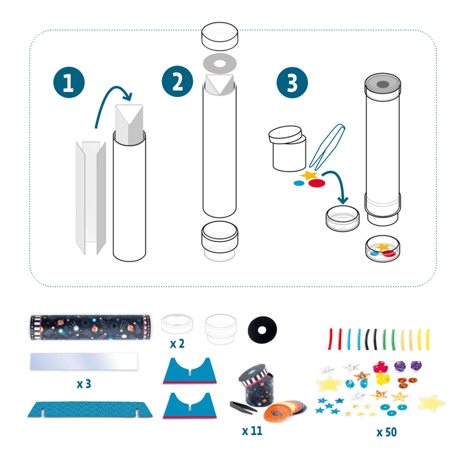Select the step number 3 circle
point(293,84)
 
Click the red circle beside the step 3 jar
point(316,183)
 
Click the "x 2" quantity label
point(177,344)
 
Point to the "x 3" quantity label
point(83,383)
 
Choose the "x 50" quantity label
point(386,432)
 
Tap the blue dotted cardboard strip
point(83,409)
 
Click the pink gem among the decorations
point(381,366)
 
